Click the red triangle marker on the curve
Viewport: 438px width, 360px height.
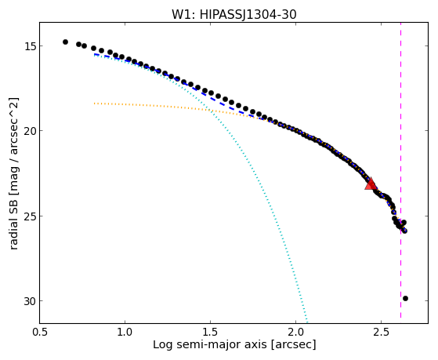tap(371, 184)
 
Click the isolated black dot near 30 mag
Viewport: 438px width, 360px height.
tap(405, 299)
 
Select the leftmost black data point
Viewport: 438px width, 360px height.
tap(65, 42)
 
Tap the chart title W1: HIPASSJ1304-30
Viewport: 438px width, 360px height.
tap(233, 14)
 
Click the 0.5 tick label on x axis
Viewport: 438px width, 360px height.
tap(39, 332)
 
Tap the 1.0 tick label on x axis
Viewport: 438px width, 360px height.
tap(125, 332)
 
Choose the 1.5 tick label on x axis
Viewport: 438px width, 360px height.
tap(210, 332)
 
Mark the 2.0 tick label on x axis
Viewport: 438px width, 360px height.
tap(296, 332)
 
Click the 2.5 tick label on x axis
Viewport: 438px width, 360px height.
tap(382, 332)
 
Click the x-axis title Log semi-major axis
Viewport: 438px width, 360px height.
tap(210, 344)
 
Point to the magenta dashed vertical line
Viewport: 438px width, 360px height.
tap(401, 170)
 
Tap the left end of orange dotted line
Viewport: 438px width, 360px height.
tap(95, 104)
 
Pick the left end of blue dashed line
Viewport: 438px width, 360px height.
tap(95, 55)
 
